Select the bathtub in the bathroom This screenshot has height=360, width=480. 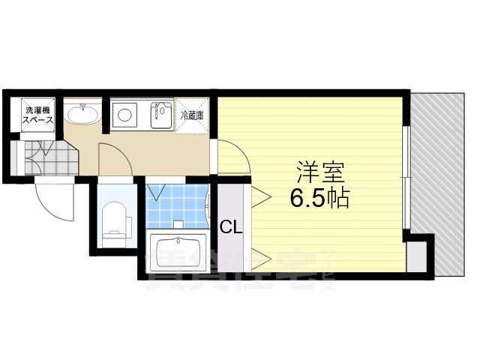[178, 251]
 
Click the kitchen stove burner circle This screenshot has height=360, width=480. [124, 115]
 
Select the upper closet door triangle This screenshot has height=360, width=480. [261, 196]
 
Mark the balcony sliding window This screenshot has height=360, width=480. [405, 176]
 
